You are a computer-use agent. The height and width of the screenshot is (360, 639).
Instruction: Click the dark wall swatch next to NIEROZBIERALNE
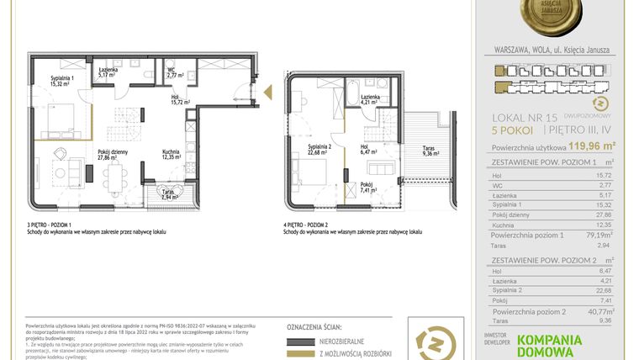pos(304,341)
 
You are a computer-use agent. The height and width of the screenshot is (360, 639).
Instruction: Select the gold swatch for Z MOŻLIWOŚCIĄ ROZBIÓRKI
pos(304,356)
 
